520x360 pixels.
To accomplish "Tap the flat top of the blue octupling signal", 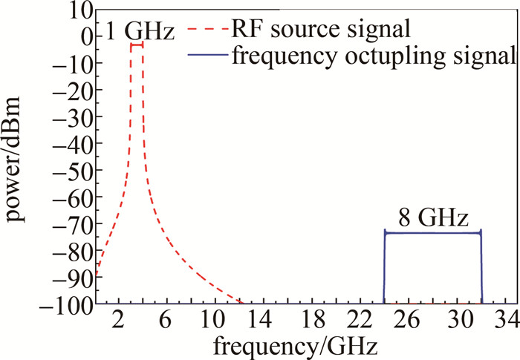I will [x=433, y=233].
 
